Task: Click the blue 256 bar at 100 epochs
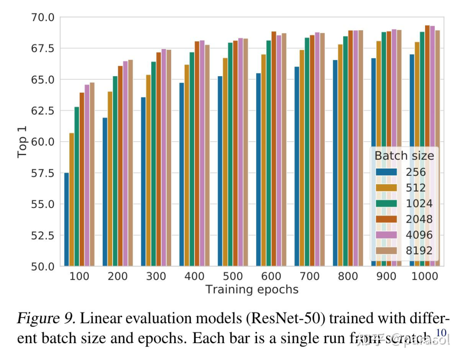click(x=66, y=219)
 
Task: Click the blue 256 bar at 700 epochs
click(x=296, y=166)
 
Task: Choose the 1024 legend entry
click(x=405, y=204)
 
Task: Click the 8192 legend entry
click(x=405, y=250)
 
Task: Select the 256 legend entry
click(x=405, y=172)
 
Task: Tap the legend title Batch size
click(x=404, y=155)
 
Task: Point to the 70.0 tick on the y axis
click(x=42, y=17)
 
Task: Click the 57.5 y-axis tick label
click(x=42, y=173)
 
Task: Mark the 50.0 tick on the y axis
click(x=42, y=266)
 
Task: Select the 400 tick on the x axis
click(x=194, y=276)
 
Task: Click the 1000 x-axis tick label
click(x=424, y=276)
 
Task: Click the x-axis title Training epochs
click(x=252, y=289)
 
